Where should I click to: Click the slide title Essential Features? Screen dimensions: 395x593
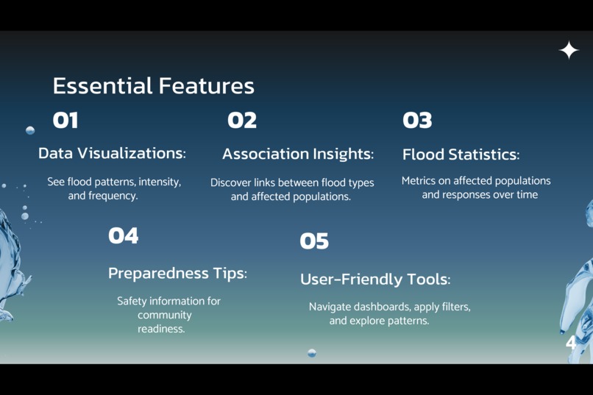point(153,86)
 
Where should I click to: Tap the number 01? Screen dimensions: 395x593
point(65,121)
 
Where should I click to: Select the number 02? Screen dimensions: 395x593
point(242,121)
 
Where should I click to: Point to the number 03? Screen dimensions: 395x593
point(417,121)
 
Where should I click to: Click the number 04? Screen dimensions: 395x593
point(123,236)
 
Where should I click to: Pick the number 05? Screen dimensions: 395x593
point(314,241)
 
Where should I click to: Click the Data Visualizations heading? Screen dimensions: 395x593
point(112,154)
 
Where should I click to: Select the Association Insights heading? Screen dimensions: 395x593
point(298,154)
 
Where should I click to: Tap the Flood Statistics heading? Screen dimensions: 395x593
point(461,155)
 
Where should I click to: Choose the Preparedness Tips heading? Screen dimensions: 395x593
point(177,274)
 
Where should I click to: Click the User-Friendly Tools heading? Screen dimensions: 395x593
point(375,280)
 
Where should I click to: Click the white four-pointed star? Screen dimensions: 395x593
point(569,50)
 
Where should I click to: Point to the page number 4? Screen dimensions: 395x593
point(571,343)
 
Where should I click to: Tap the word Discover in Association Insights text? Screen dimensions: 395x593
point(232,182)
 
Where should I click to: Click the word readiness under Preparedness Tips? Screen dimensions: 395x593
point(161,329)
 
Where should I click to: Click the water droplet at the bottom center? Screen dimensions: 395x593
point(311,353)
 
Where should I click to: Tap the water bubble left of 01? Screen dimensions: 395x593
point(30,130)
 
